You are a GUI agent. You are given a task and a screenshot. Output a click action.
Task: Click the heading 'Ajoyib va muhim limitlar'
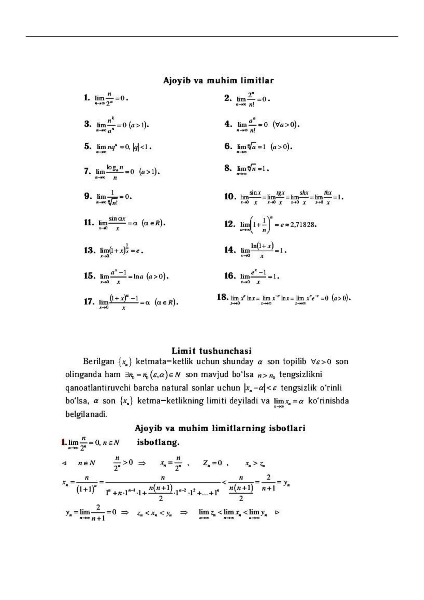coord(218,80)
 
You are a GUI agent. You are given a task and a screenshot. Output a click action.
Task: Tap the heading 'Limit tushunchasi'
coord(211,351)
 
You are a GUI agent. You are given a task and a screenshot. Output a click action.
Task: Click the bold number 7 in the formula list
coord(87,171)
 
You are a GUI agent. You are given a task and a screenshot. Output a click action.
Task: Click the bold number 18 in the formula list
coord(222,297)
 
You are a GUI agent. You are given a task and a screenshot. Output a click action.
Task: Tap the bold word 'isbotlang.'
coord(158,442)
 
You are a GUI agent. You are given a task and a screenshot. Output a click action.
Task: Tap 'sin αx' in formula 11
coord(117,219)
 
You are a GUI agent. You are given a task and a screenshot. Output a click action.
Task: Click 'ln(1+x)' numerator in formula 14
coord(262,246)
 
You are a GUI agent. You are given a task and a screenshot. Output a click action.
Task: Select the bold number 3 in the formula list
coord(88,124)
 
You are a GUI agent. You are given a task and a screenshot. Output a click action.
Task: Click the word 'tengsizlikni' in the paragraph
coord(301,375)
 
